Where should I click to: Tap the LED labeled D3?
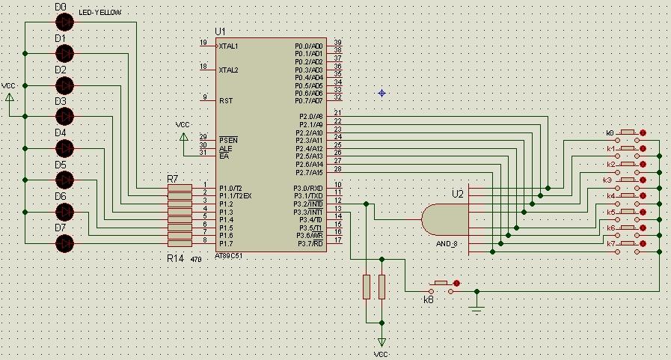[x=65, y=115]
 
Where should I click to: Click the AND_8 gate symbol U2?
[x=446, y=219]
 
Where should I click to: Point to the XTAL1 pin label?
[x=229, y=46]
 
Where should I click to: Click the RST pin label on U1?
[x=226, y=100]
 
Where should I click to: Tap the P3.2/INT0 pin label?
[x=308, y=204]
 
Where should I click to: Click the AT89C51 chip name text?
[x=228, y=255]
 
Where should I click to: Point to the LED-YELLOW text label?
[x=99, y=13]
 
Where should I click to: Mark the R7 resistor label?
[x=173, y=179]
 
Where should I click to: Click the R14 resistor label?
[x=174, y=257]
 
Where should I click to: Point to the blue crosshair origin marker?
[x=382, y=93]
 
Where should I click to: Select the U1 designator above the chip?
[x=220, y=31]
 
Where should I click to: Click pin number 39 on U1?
[x=338, y=43]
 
